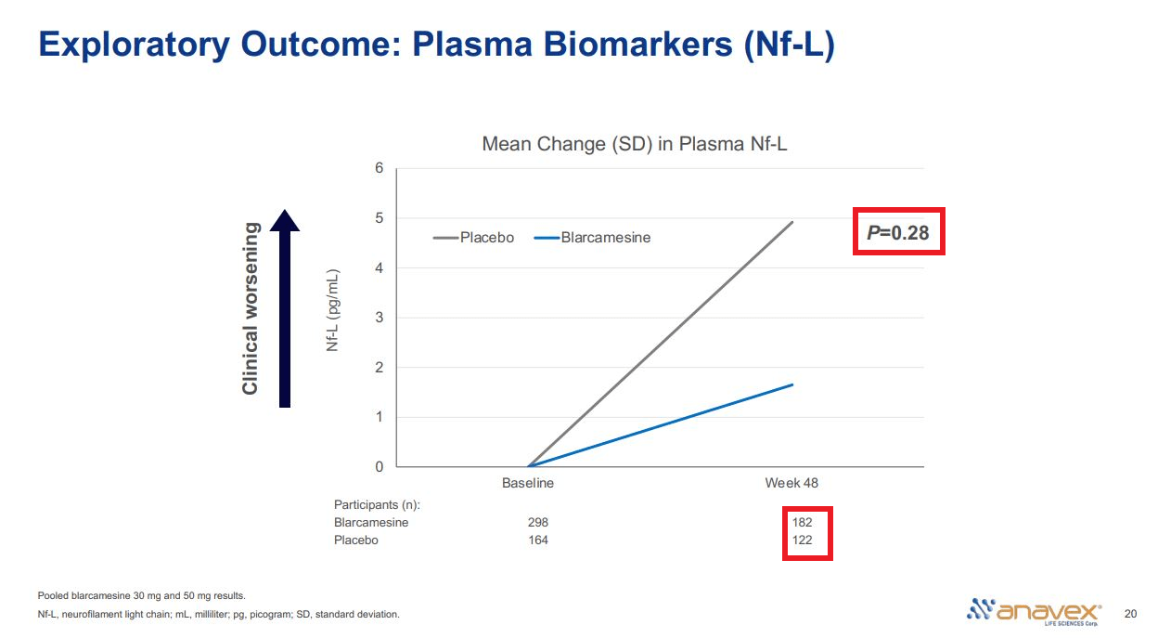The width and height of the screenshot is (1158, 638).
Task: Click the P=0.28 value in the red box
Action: (x=898, y=232)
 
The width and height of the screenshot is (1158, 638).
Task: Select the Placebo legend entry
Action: (x=474, y=238)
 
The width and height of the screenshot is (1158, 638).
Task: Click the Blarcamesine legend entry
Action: (x=593, y=238)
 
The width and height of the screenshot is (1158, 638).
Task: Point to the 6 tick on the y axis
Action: (x=379, y=168)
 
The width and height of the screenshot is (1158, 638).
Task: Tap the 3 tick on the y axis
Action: (x=379, y=318)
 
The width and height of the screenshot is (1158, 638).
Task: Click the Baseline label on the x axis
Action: (x=528, y=483)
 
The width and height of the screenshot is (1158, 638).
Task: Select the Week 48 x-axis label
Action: (x=791, y=483)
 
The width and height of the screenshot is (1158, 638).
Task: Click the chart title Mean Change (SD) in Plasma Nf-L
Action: (x=635, y=144)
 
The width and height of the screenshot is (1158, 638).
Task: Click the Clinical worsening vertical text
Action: (x=251, y=308)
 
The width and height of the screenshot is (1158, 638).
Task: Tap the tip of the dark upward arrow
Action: (x=285, y=212)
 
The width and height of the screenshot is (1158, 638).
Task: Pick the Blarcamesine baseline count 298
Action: (x=537, y=523)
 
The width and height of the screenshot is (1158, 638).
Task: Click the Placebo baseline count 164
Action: (x=537, y=540)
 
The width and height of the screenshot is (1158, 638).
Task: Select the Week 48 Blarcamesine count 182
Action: (x=802, y=523)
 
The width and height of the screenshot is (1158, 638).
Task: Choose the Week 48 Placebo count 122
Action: (x=802, y=540)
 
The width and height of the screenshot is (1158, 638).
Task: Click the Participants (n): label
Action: (x=377, y=505)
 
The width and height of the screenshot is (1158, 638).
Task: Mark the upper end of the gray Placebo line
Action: (x=792, y=222)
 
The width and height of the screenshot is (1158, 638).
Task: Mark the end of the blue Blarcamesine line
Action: (x=792, y=384)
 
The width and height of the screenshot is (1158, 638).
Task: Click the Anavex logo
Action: (x=1034, y=611)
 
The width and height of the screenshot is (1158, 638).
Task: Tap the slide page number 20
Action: (x=1129, y=614)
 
